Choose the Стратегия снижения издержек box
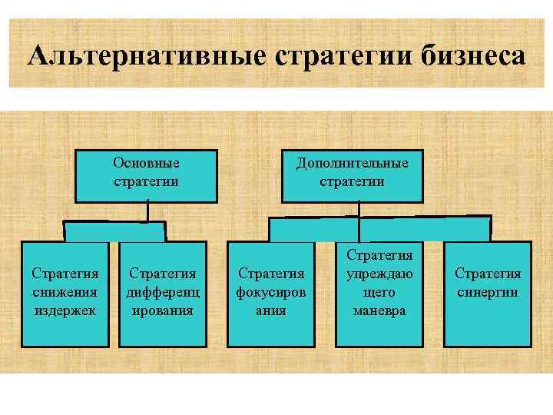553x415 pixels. click(65, 292)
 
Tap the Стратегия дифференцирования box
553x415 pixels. click(163, 292)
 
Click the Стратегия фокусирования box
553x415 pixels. click(272, 292)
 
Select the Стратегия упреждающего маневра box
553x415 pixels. click(379, 292)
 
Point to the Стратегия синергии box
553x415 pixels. click(488, 292)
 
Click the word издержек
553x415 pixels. click(65, 311)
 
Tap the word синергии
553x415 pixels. click(488, 293)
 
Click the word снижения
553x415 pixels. click(65, 293)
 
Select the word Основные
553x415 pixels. click(146, 163)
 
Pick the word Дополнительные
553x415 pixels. click(352, 163)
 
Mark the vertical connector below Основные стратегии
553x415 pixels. click(147, 212)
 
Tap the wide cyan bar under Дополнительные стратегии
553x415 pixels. click(379, 228)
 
